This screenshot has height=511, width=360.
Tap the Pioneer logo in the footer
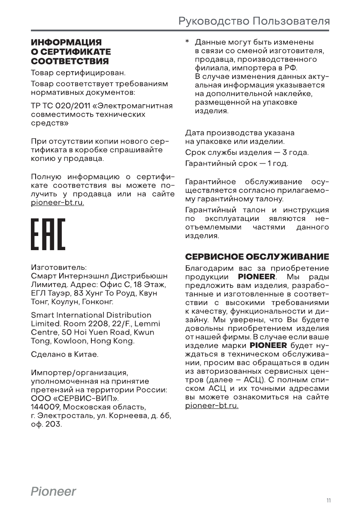[53, 491]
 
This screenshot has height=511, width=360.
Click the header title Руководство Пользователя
[254, 21]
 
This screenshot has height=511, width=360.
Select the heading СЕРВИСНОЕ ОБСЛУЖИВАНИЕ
[257, 257]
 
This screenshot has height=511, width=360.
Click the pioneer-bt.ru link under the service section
[212, 405]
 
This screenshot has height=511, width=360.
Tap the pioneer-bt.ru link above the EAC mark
[57, 203]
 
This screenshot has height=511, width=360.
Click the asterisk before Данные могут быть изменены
[187, 43]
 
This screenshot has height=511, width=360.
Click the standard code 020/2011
[70, 106]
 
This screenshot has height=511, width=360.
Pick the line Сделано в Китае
[65, 355]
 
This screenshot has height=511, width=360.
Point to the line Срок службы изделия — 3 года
[247, 153]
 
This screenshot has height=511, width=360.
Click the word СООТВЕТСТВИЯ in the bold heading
[70, 60]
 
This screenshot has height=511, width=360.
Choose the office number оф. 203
[46, 424]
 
